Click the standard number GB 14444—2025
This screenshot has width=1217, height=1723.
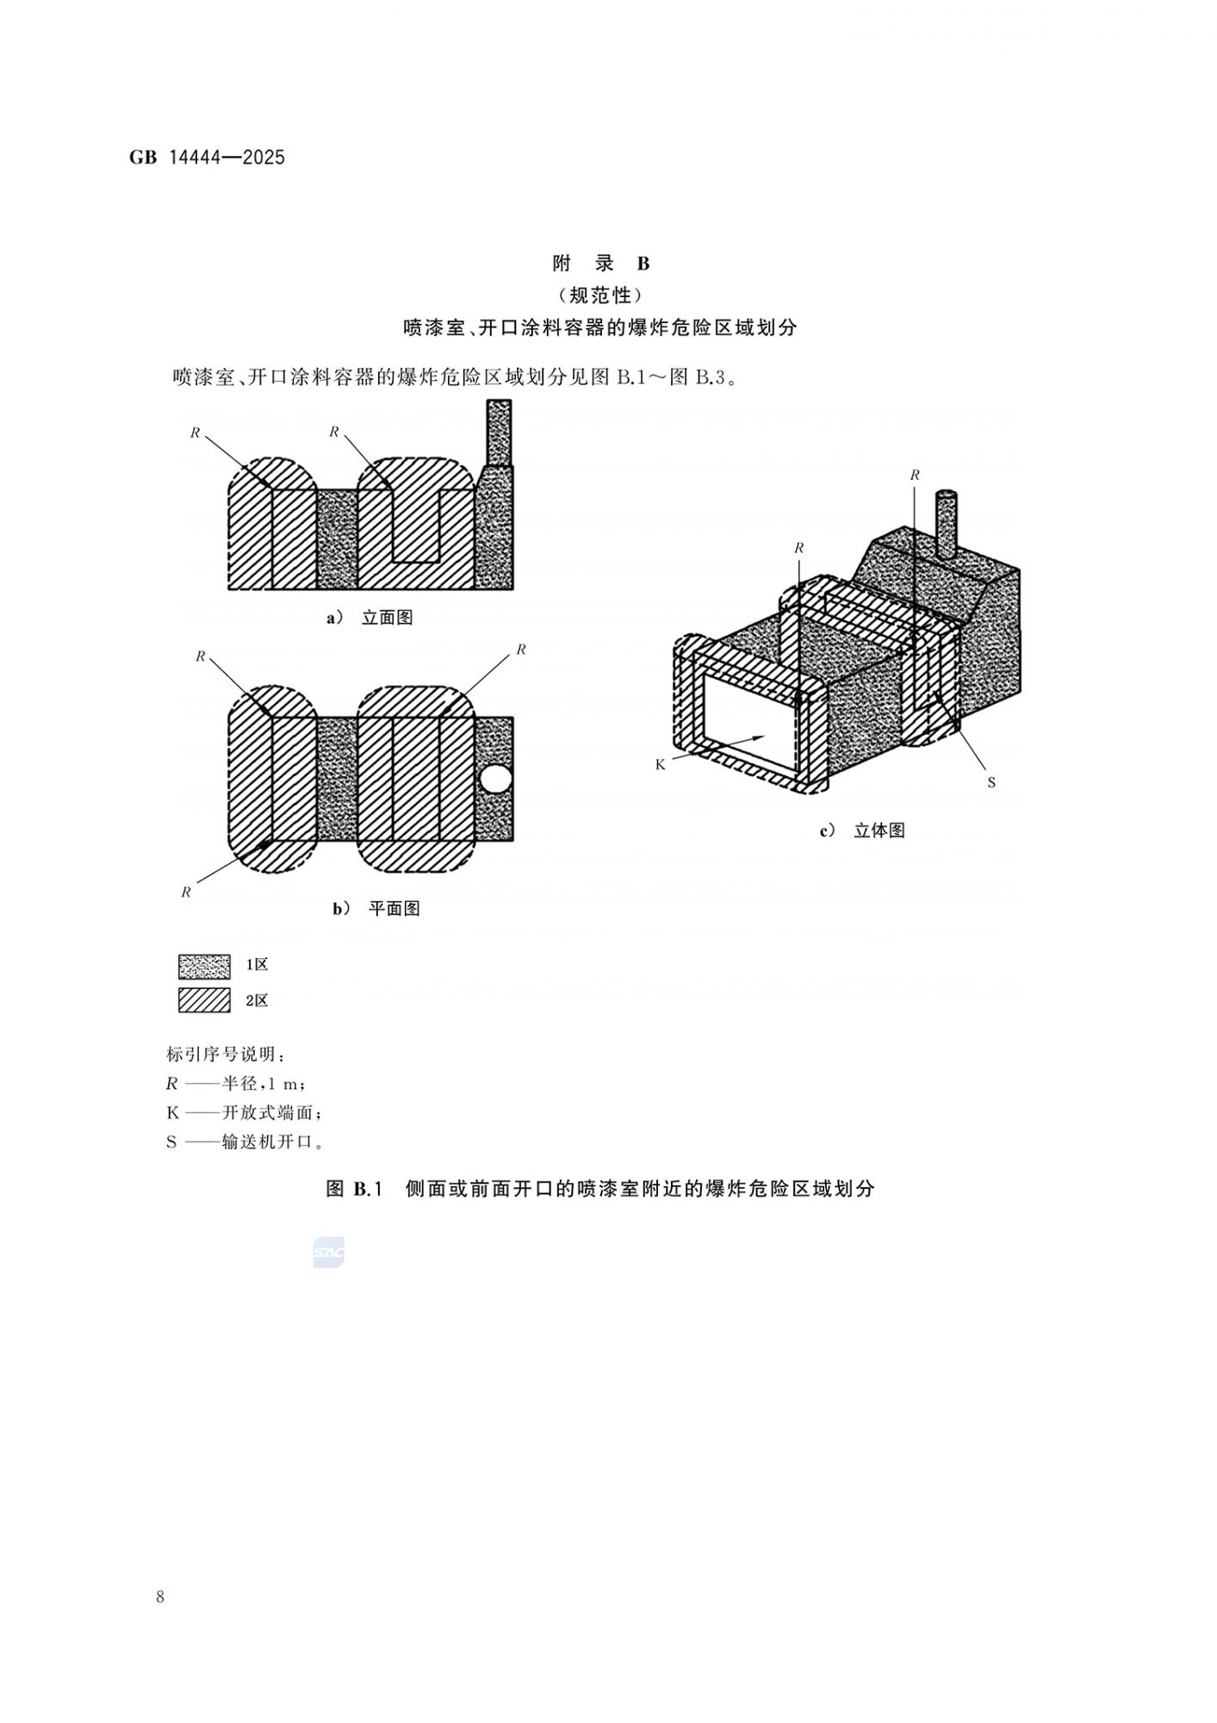[x=207, y=158]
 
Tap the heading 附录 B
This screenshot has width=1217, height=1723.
[x=600, y=264]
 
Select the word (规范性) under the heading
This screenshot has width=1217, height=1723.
[x=600, y=295]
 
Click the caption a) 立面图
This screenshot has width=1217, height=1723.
[x=369, y=618]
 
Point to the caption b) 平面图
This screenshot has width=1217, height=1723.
[x=376, y=909]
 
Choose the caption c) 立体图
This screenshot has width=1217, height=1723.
[x=862, y=831]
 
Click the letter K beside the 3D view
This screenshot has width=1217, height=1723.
[x=661, y=764]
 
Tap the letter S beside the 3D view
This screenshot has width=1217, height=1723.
[x=990, y=782]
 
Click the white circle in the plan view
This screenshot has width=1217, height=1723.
[x=495, y=781]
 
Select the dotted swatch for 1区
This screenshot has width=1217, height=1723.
[x=204, y=966]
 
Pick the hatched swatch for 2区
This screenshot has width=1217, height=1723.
[x=204, y=1000]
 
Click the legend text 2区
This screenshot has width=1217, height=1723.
[x=257, y=1001]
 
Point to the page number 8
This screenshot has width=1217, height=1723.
[x=160, y=1597]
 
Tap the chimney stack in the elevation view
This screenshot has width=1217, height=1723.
[x=499, y=432]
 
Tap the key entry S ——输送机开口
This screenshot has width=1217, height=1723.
[x=245, y=1142]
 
